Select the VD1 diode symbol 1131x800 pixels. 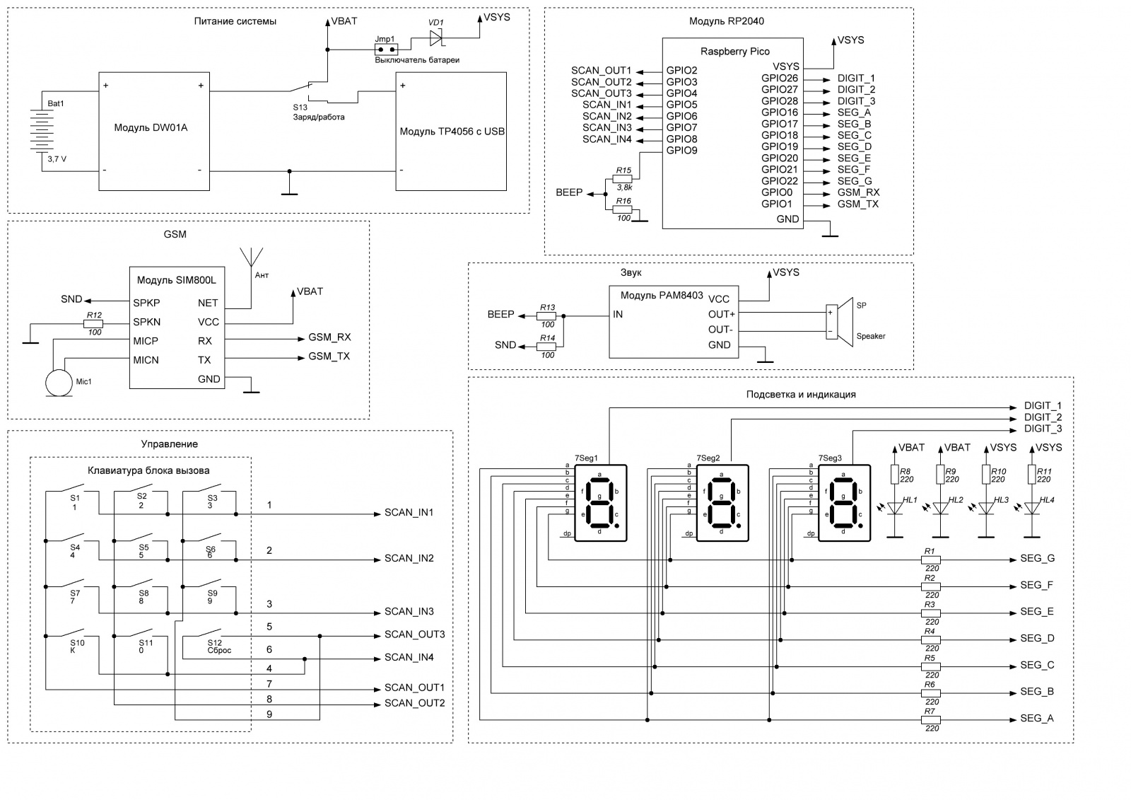click(x=435, y=38)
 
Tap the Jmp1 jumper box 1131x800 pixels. click(x=386, y=50)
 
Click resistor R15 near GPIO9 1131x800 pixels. click(x=622, y=179)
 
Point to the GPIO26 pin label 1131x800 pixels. click(x=780, y=79)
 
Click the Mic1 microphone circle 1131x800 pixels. click(x=59, y=383)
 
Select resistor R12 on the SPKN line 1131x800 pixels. click(x=93, y=324)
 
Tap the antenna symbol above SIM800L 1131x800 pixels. click(x=252, y=257)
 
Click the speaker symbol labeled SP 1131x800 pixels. click(x=838, y=322)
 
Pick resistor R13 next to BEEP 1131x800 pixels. click(x=546, y=316)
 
